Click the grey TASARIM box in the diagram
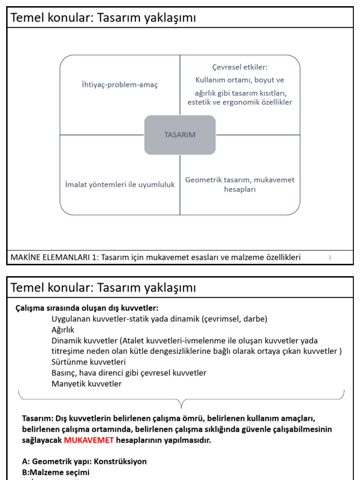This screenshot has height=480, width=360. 180,135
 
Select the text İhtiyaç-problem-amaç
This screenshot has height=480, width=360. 120,84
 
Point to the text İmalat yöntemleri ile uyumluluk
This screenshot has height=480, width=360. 120,185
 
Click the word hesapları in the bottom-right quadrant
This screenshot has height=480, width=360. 240,190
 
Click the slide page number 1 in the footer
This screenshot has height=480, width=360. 330,257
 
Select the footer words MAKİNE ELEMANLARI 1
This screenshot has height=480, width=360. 52,257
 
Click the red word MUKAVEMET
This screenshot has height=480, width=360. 89,440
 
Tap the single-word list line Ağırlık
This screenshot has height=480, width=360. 63,330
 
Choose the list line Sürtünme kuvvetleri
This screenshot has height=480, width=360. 89,362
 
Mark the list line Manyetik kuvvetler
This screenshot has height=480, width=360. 86,383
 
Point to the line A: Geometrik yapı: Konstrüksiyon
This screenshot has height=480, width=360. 84,461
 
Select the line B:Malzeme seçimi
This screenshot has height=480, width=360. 56,472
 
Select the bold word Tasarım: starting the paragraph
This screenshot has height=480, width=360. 38,418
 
